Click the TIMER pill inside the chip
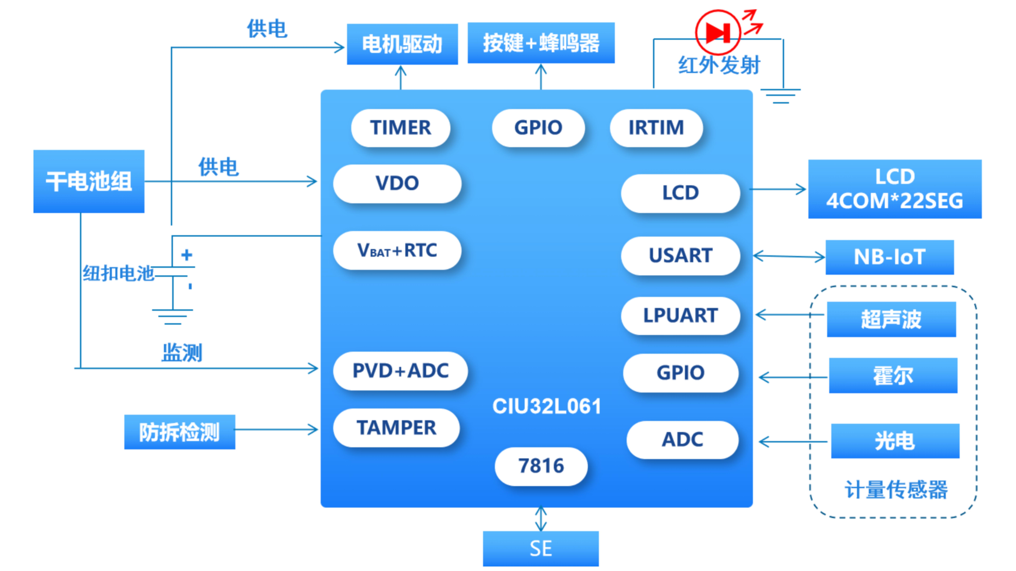(x=400, y=128)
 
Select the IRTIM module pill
(x=656, y=128)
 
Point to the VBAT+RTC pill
(x=397, y=250)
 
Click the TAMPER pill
(x=396, y=428)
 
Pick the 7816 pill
(x=541, y=466)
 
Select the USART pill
(x=680, y=255)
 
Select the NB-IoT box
(x=890, y=257)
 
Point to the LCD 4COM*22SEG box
(x=895, y=189)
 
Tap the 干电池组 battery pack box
(x=89, y=181)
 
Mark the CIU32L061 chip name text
(x=547, y=406)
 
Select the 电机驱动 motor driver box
(x=402, y=44)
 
